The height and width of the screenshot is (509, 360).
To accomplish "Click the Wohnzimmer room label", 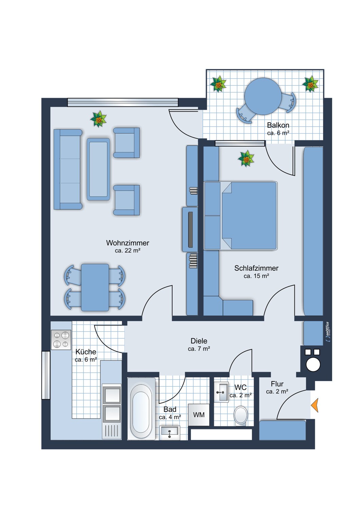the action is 128,243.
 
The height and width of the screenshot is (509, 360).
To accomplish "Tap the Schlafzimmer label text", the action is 256,268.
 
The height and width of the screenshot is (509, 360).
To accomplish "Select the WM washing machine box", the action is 199,415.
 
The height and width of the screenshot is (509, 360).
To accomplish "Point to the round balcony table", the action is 263,96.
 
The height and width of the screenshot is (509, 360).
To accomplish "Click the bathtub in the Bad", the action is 141,409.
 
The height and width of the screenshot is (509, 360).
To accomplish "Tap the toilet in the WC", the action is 240,415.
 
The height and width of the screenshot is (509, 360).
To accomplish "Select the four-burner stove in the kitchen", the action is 61,340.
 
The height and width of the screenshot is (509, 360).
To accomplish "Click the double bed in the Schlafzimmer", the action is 240,215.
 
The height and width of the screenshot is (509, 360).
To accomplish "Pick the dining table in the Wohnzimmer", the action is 95,287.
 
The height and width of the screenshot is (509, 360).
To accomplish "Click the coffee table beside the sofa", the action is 98,169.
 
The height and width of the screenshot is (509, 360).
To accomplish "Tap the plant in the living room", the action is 98,119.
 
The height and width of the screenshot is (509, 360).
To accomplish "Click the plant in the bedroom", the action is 246,158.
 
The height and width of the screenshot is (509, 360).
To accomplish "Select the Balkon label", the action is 278,125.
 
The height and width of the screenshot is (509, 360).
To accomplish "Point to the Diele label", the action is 199,341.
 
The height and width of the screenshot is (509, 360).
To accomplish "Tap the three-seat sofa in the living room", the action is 68,169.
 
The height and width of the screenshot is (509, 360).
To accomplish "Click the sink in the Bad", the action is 170,433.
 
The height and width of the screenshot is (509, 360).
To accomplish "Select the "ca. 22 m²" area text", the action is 127,251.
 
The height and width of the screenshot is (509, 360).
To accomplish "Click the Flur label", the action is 277,384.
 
